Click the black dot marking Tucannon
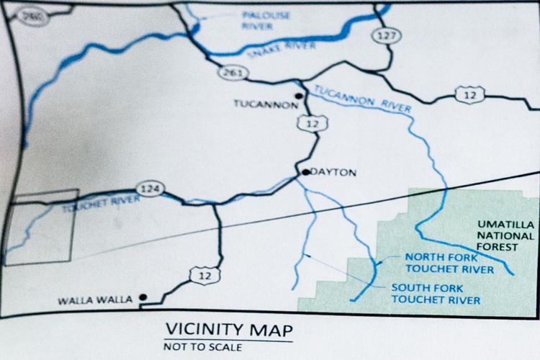tap(297, 96)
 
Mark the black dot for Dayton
tap(305, 172)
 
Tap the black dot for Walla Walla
tap(143, 296)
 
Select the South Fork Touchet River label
tap(433, 293)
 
